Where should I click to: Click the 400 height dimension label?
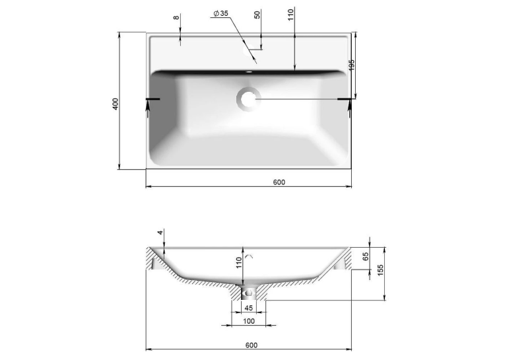(116, 104)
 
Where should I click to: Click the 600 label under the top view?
(279, 182)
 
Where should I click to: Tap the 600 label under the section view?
(252, 345)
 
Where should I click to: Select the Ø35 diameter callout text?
(220, 13)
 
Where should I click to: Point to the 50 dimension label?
(257, 15)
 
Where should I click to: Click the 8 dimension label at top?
(176, 17)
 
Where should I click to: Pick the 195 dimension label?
(351, 65)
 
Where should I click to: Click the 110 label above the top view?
(291, 15)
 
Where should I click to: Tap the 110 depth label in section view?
(239, 262)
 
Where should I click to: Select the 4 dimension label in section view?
(160, 232)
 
